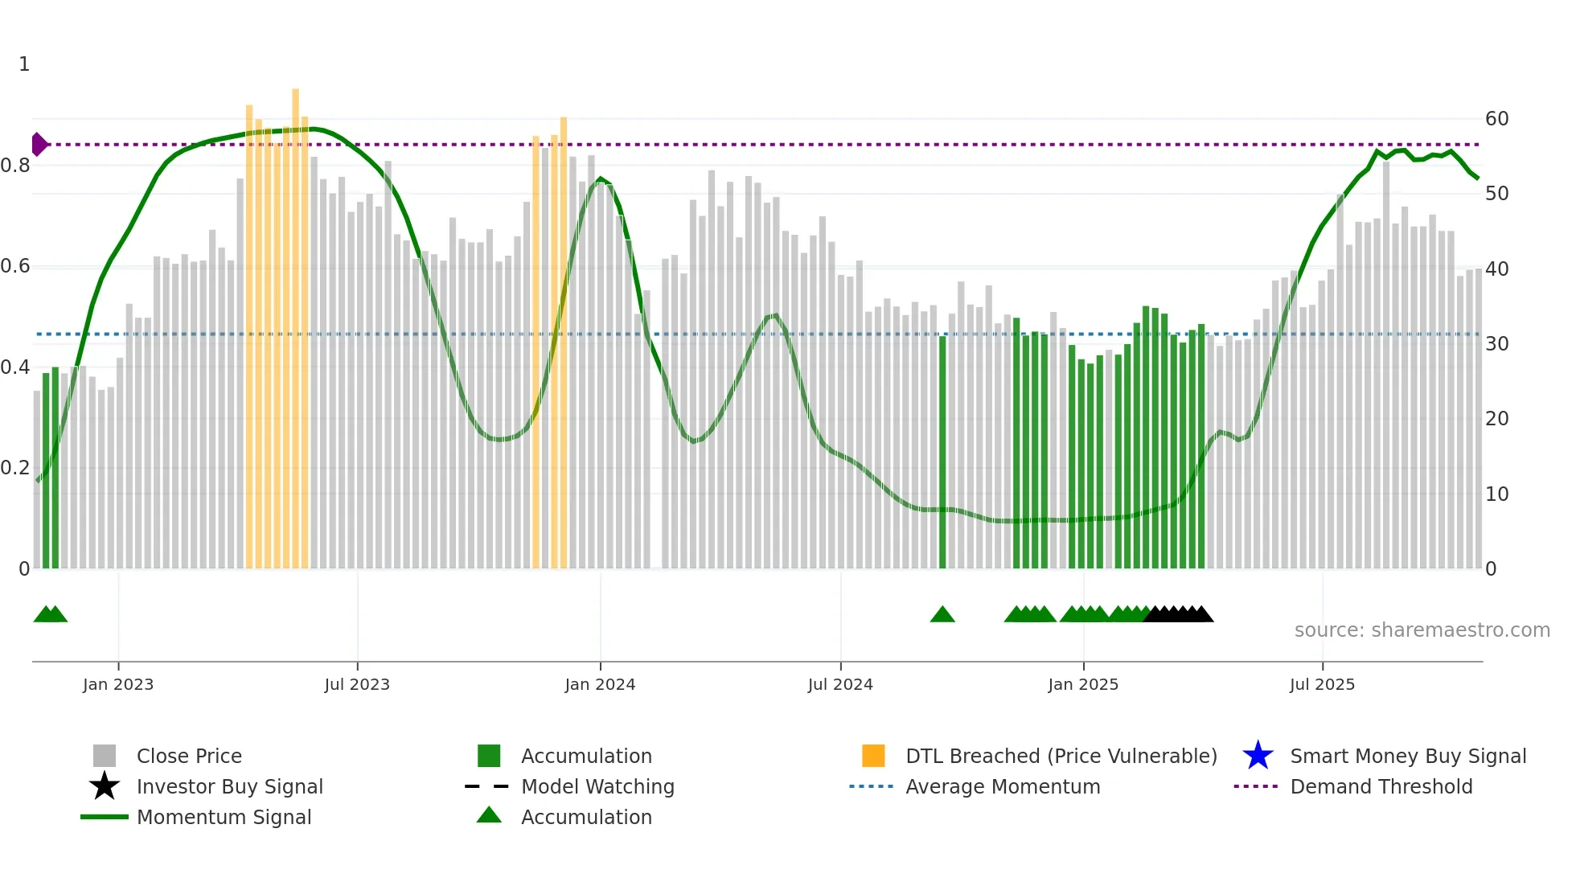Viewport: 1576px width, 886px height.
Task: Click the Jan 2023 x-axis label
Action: tap(117, 684)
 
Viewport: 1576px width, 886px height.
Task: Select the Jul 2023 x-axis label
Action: tap(357, 684)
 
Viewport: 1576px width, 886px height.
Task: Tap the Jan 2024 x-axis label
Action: tap(600, 684)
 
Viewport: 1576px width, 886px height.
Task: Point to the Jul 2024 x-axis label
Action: tap(840, 684)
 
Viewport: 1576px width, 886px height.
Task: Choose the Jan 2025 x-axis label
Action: tap(1083, 684)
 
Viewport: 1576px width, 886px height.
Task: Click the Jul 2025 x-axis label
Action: tap(1322, 684)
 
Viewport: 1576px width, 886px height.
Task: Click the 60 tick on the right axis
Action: tap(1496, 119)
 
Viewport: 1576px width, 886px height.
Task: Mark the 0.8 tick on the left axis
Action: tap(16, 166)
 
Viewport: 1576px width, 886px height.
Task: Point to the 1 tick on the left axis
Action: tap(24, 64)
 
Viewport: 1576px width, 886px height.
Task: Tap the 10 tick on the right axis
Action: tap(1496, 494)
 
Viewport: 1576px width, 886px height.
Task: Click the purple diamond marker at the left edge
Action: tap(39, 145)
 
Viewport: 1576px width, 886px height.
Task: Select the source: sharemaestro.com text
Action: tap(1422, 630)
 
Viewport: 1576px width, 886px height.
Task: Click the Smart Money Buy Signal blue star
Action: tap(1258, 756)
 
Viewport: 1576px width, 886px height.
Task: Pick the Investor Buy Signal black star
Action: tap(105, 786)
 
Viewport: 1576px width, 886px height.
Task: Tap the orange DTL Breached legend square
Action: tap(873, 756)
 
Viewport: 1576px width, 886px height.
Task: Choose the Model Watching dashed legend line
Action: tap(487, 786)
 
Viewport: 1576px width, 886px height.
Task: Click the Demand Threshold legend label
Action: tap(1381, 786)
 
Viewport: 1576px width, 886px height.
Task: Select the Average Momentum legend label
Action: tap(1003, 786)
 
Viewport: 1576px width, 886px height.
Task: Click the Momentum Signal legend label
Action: tap(224, 817)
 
